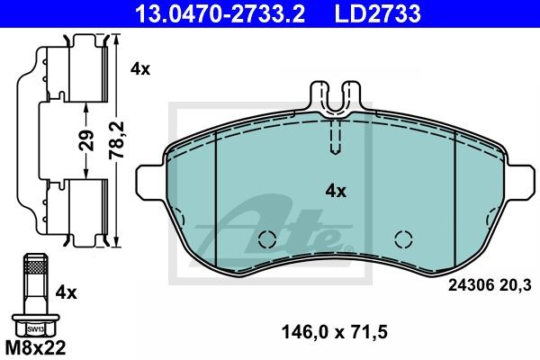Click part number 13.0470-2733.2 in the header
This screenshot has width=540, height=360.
coord(220,13)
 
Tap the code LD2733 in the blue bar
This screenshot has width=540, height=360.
coord(377,13)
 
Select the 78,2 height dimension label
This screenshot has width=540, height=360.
coord(117,139)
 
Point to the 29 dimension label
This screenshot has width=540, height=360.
coord(86,140)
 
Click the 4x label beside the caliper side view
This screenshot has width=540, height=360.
coord(140,69)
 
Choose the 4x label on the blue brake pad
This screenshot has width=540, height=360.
coord(336,191)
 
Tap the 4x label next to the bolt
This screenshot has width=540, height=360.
coord(66,292)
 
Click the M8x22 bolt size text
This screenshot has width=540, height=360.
coord(35,348)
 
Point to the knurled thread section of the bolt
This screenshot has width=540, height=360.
coord(36,267)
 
